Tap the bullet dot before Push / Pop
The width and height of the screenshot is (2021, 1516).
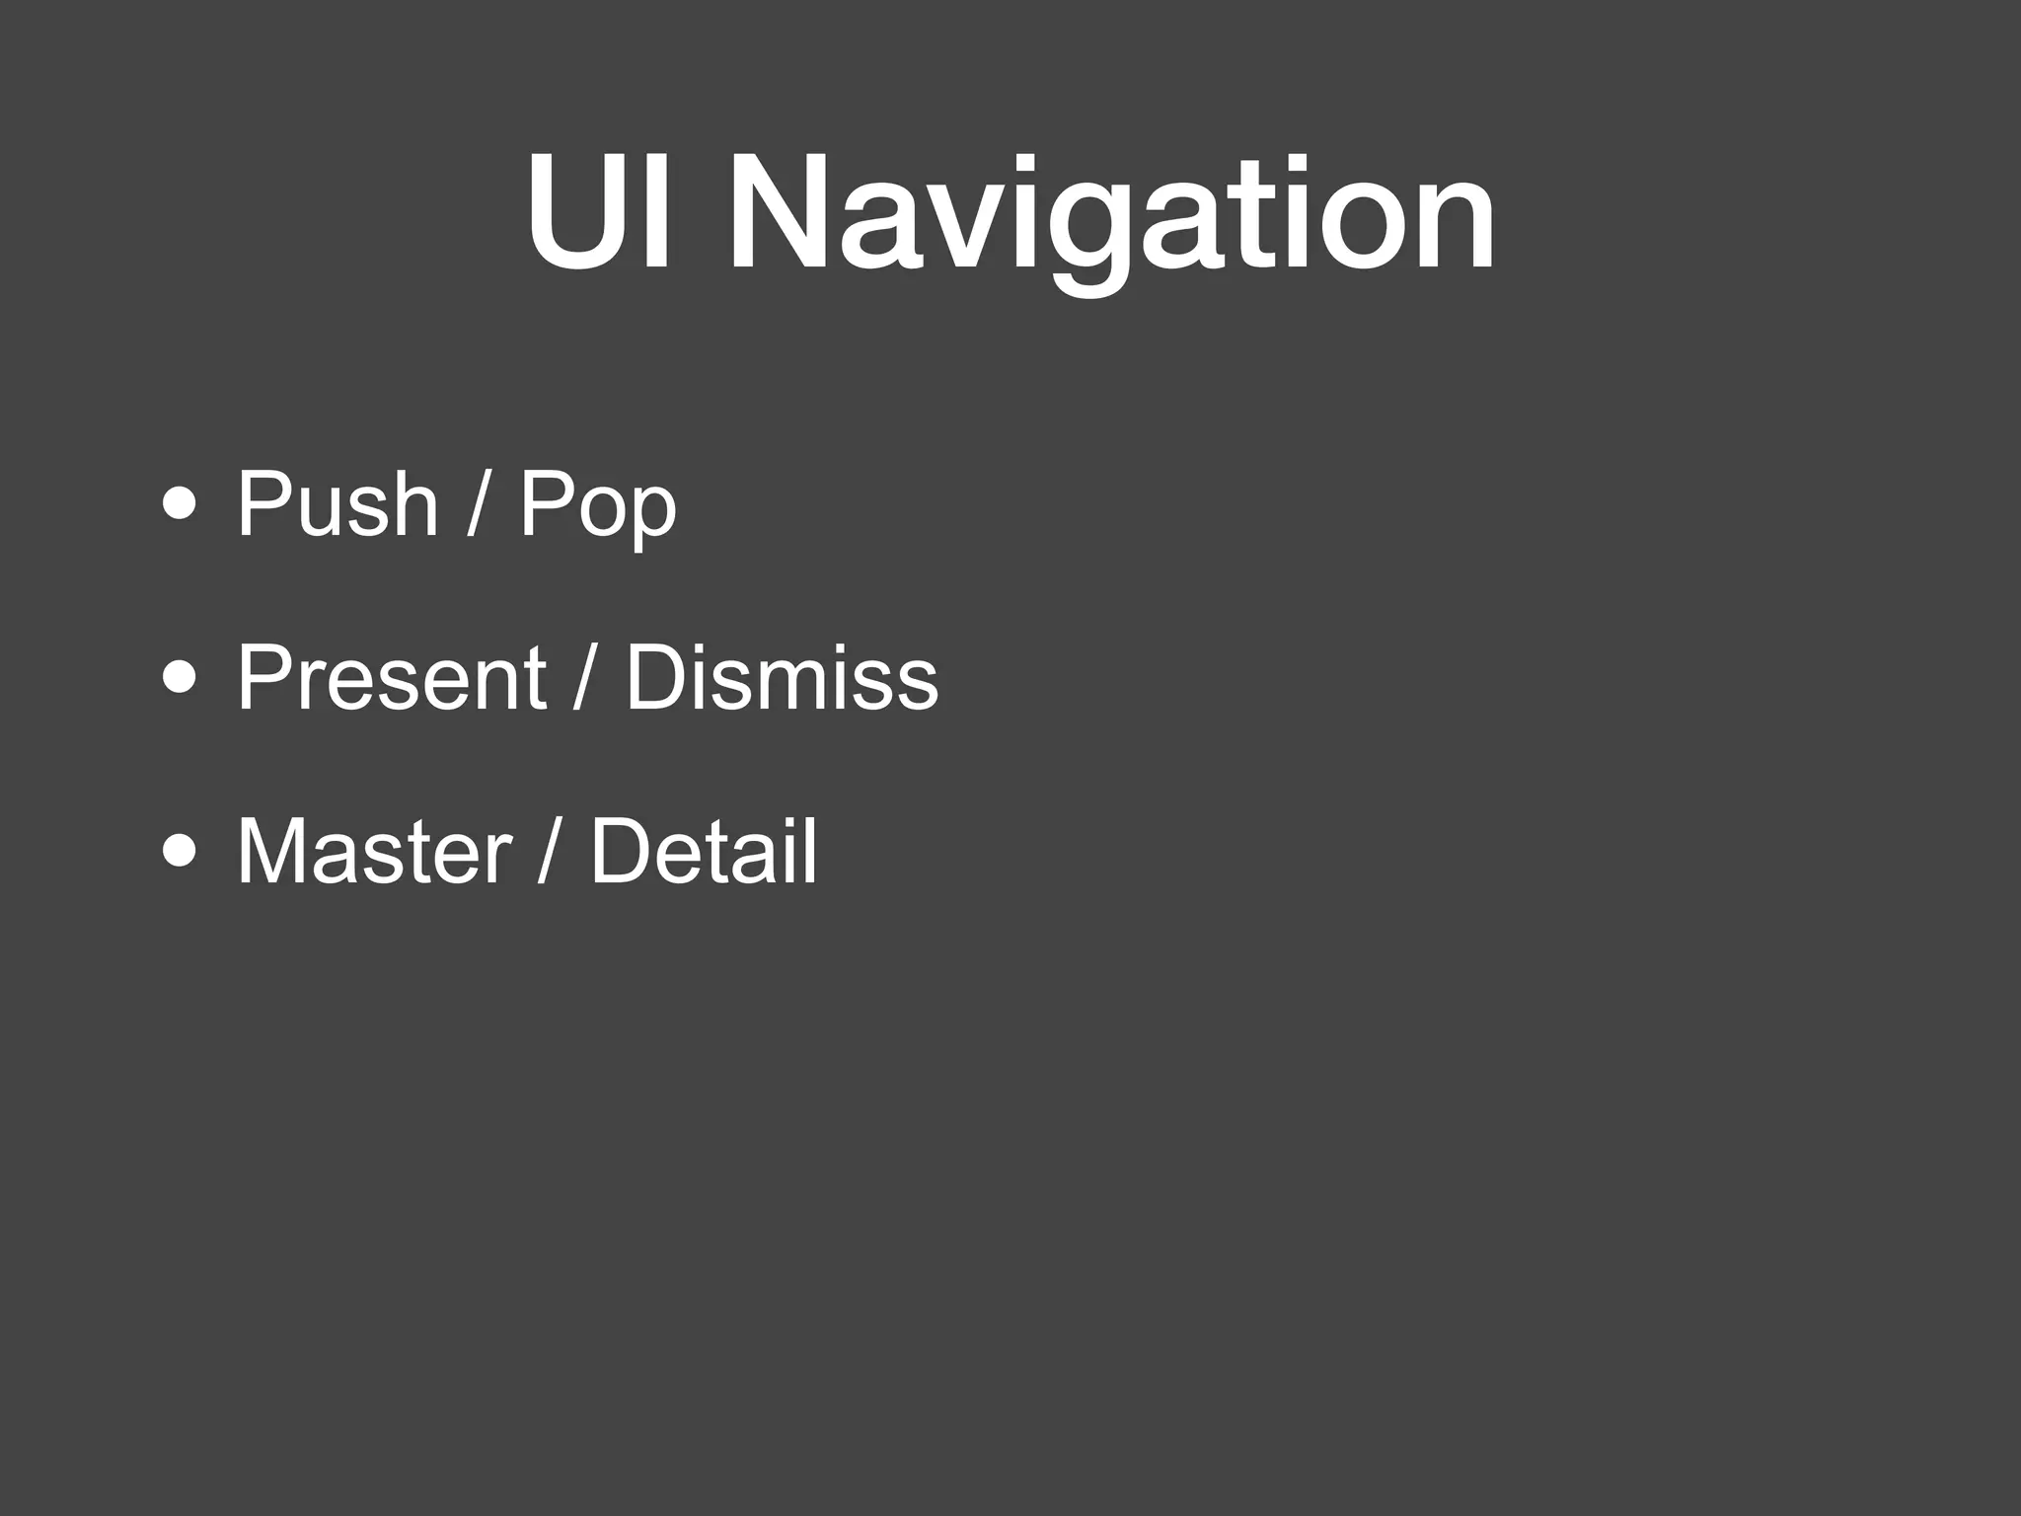tap(180, 504)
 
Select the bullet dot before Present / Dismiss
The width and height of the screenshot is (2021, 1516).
tap(180, 678)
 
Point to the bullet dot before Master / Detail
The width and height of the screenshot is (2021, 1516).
tap(180, 851)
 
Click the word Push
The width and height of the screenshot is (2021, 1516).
tap(337, 504)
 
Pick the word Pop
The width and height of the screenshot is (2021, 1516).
tap(598, 506)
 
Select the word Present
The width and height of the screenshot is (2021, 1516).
tap(391, 678)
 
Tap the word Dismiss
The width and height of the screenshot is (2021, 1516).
tap(782, 678)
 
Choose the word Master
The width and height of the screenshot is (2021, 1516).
tap(374, 851)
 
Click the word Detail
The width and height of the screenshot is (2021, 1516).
tap(704, 851)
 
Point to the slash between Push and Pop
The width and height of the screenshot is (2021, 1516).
tap(477, 504)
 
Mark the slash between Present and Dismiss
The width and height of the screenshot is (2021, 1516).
tap(584, 678)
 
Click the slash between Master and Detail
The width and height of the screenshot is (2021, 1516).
tap(549, 851)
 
